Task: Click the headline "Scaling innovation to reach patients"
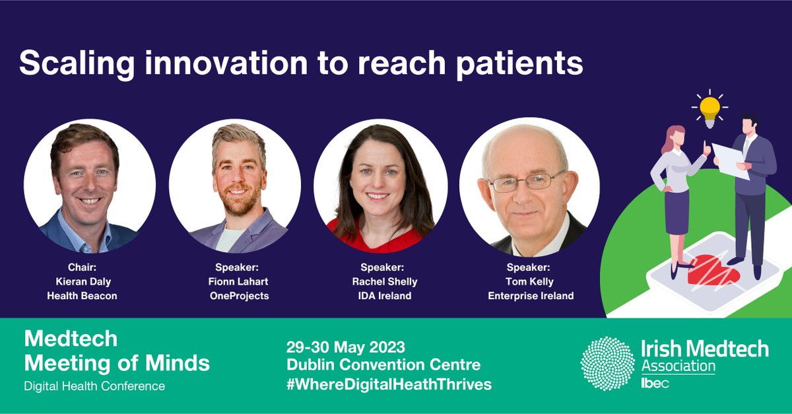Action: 300,63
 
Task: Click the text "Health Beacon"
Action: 82,296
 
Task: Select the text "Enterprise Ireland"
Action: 531,296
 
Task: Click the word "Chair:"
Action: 82,268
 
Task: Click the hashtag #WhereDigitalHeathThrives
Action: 389,384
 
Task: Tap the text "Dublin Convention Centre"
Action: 383,364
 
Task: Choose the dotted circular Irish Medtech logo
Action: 607,362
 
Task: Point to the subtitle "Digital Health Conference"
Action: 94,386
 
